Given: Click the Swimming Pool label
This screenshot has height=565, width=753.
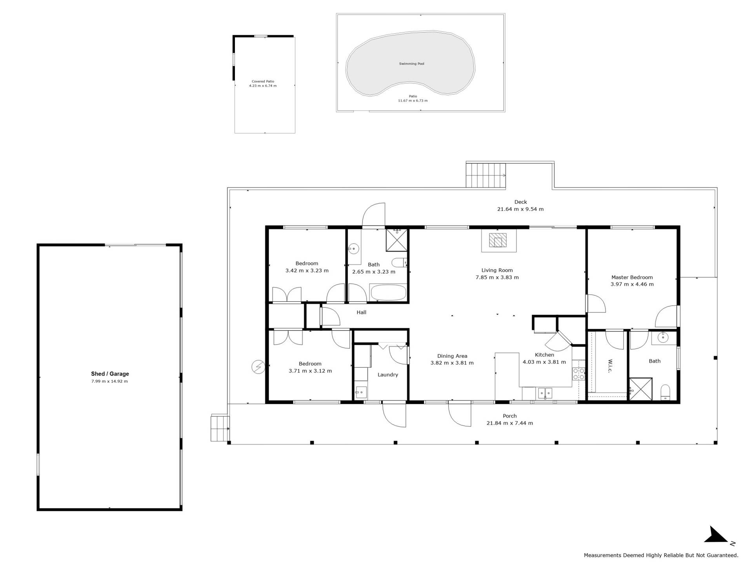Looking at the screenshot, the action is pos(411,64).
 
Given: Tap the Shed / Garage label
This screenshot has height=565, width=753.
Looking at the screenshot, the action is pos(110,374).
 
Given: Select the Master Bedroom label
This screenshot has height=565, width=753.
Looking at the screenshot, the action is pos(632,277).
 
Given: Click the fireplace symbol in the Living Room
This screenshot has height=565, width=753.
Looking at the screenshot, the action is pos(498,240).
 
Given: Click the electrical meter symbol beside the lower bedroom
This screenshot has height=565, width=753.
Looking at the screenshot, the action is pos(258,367).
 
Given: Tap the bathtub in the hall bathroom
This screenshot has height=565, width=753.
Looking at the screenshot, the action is pos(388,292).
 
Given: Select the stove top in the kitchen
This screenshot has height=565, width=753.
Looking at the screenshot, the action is pos(578,374).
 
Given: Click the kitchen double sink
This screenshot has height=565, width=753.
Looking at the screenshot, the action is pos(545,392).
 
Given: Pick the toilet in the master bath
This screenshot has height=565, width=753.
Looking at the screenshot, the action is pos(665,392).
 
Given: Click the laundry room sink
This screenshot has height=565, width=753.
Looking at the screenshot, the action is pos(361,392).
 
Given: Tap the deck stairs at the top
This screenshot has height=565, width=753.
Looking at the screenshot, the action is pos(486,175).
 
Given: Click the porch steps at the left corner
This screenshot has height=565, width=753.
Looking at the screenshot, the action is pos(220,428).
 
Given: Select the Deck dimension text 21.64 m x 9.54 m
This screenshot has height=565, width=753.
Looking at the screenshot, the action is pos(520,209).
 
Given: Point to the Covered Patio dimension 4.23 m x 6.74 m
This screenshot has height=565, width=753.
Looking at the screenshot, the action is pos(263,86).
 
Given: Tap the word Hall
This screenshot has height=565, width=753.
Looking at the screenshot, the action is pos(362,312).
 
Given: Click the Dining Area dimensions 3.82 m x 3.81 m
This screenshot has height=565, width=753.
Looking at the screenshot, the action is pos(452,363).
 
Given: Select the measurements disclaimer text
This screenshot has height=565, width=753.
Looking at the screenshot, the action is pos(661,555).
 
